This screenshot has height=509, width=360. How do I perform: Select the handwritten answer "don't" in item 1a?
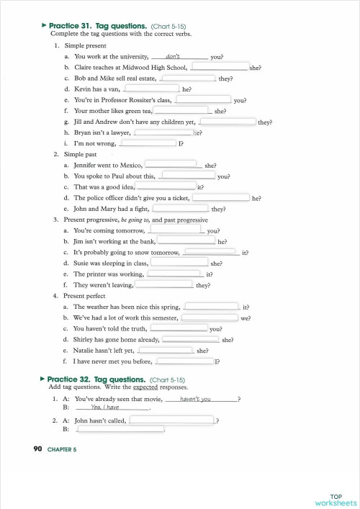tap(173, 55)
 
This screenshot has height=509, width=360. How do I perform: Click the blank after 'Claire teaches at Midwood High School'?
tap(220, 67)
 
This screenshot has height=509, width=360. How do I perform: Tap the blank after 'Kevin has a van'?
tap(153, 89)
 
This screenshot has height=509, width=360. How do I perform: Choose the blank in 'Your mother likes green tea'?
tap(183, 111)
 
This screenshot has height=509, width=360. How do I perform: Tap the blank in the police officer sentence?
tap(221, 197)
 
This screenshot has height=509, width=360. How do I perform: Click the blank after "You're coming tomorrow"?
tap(176, 230)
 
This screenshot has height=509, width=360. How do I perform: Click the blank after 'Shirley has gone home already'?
tap(191, 338)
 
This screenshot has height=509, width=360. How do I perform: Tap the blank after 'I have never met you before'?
tap(184, 361)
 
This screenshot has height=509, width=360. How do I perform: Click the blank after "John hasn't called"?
tap(172, 420)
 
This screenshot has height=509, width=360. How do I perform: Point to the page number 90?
tap(38, 449)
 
